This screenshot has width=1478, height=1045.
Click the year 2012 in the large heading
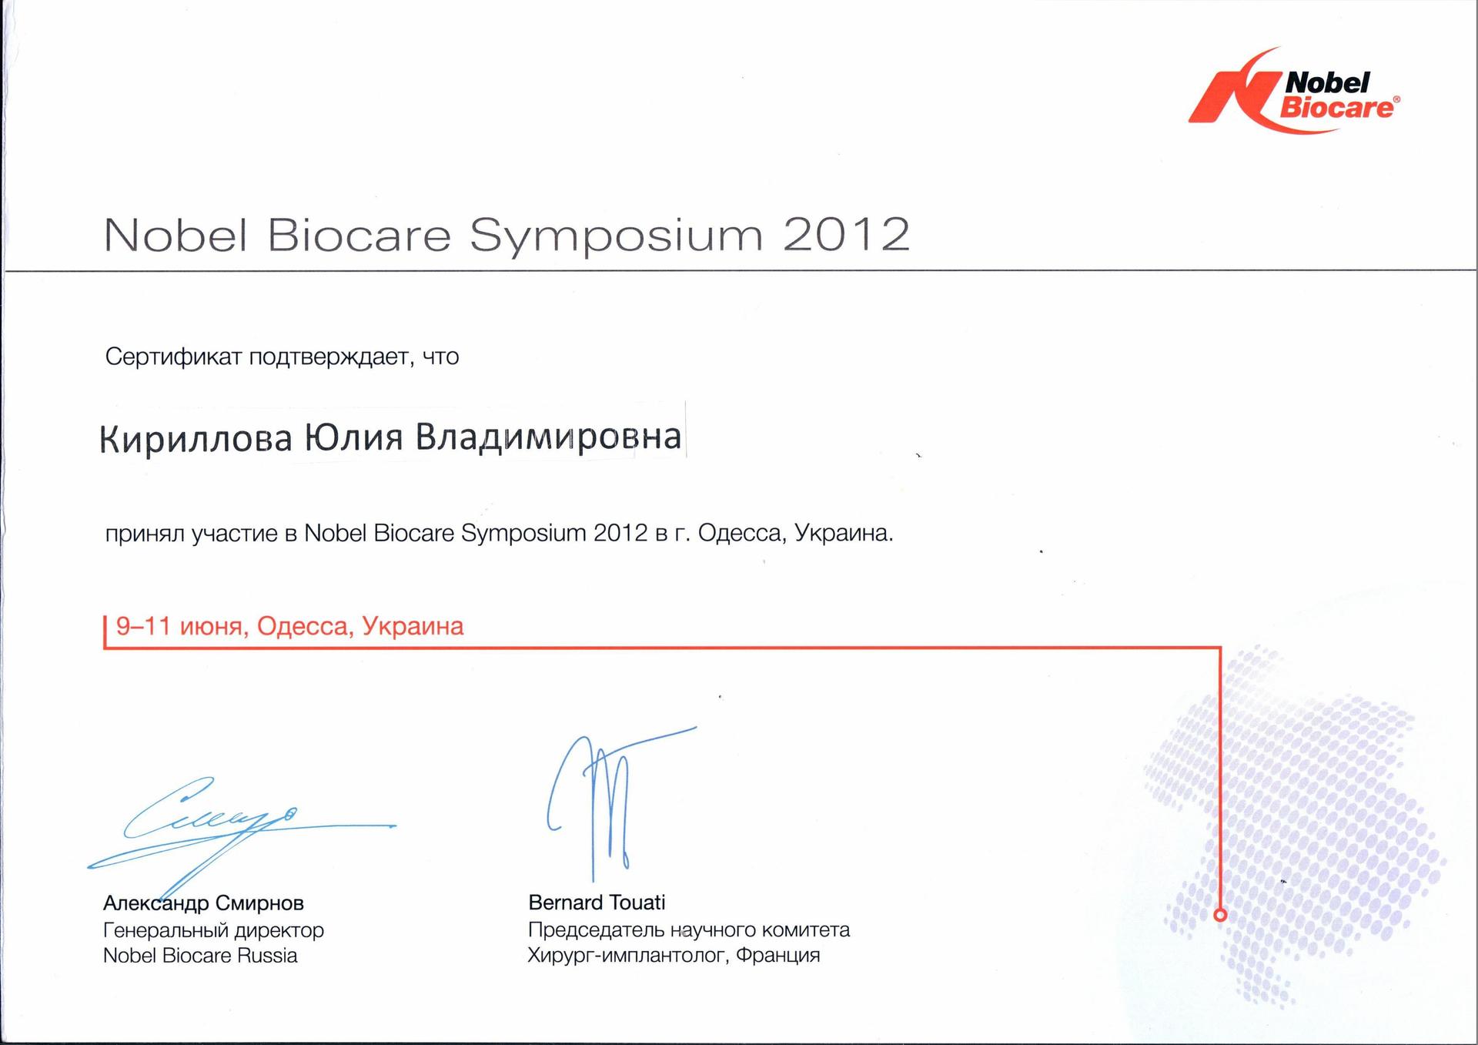click(x=847, y=234)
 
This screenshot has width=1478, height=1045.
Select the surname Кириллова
click(x=196, y=438)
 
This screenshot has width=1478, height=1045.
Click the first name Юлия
click(x=354, y=437)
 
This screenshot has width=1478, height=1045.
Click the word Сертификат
click(x=174, y=357)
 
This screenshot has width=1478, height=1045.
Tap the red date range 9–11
click(x=143, y=625)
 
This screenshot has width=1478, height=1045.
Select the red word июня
click(x=213, y=627)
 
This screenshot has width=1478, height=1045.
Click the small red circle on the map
click(x=1220, y=915)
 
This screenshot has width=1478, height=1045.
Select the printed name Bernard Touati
click(x=597, y=902)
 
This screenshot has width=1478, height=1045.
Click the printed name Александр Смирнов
click(x=203, y=903)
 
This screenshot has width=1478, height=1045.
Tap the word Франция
click(x=777, y=956)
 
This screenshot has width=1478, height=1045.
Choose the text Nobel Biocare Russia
click(x=200, y=956)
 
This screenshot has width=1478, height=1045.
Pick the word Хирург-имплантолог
click(x=627, y=956)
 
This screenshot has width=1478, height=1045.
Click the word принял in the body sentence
click(x=145, y=534)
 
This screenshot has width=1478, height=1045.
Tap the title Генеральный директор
click(x=213, y=930)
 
